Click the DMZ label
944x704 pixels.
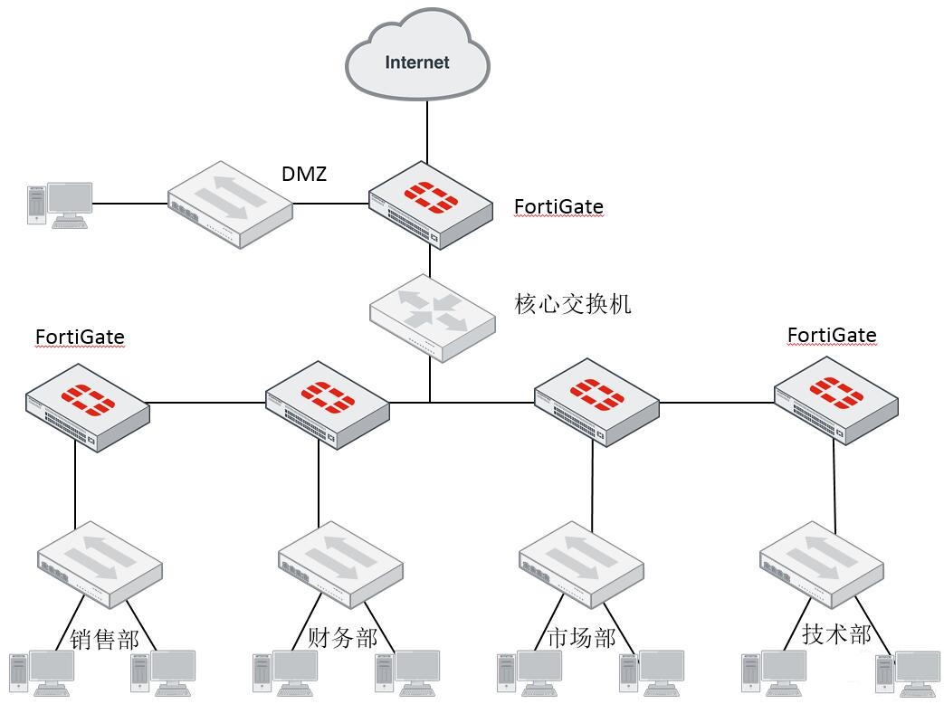click(304, 174)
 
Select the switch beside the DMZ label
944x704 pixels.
click(231, 205)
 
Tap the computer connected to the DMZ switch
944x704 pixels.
click(60, 204)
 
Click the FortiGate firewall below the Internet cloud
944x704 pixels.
click(430, 206)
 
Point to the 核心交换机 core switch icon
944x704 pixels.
click(433, 317)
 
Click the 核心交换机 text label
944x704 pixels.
click(573, 304)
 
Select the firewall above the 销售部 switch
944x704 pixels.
click(87, 407)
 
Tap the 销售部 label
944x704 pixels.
click(105, 640)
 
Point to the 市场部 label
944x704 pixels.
click(582, 638)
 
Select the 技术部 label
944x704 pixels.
click(837, 633)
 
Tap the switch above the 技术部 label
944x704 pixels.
click(821, 563)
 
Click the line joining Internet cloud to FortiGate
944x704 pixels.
click(429, 131)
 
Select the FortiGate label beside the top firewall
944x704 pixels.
click(558, 207)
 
